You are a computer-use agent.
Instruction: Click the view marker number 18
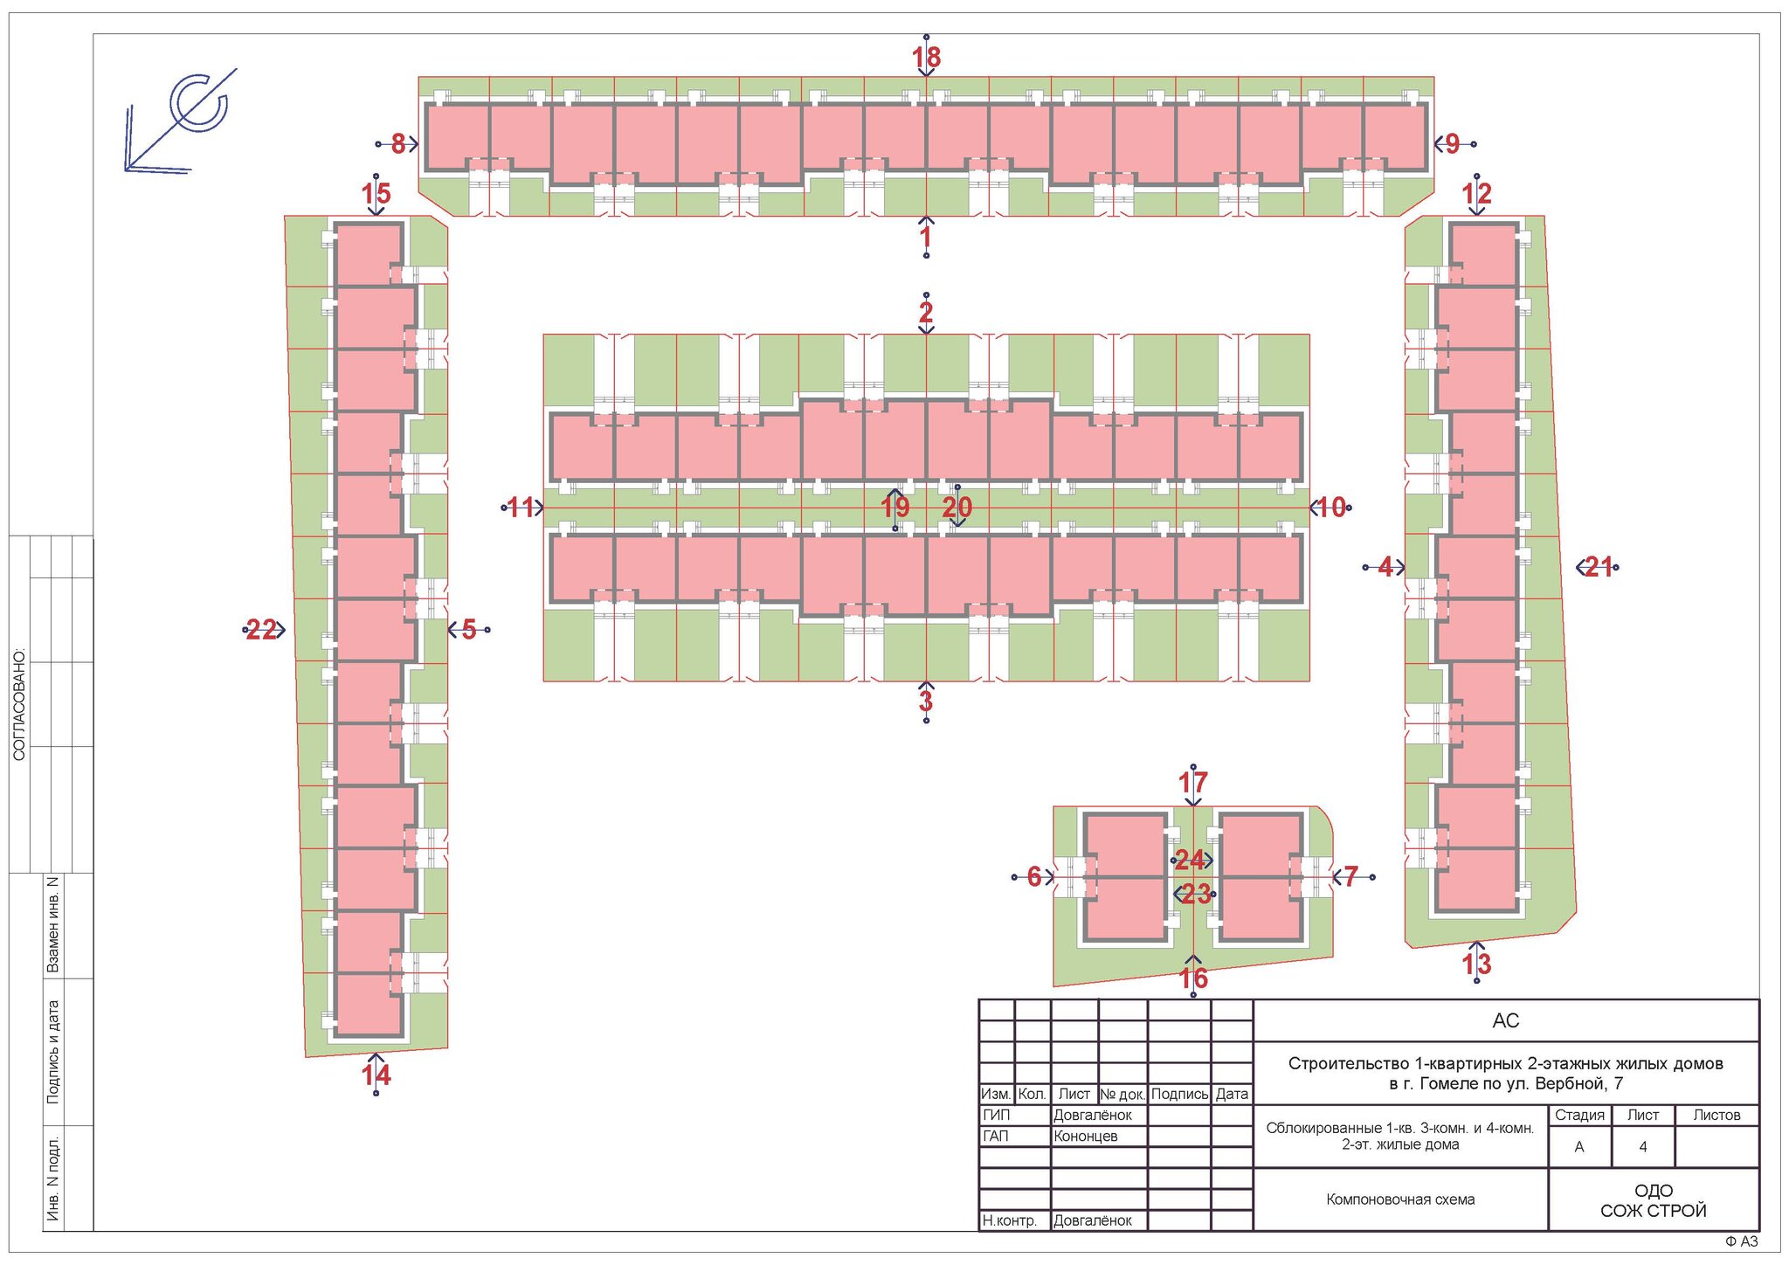[926, 57]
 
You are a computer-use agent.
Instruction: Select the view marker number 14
[376, 1075]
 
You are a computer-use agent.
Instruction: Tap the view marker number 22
[261, 629]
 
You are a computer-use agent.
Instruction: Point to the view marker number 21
[1599, 567]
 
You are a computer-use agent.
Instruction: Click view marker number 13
[1477, 964]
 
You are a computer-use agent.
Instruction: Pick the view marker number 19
[895, 507]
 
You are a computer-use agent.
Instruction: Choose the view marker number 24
[1190, 861]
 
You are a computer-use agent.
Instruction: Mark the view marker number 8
[398, 144]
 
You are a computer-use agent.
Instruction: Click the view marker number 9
[1453, 144]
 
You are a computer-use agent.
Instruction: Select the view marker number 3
[926, 701]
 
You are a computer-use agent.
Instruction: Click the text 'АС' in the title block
[1506, 1020]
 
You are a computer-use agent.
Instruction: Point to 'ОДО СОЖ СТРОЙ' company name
[1653, 1200]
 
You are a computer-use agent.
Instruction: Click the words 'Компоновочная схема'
[1400, 1199]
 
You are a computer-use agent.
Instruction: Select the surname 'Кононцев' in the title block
[1086, 1136]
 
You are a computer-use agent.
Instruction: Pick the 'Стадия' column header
[1579, 1115]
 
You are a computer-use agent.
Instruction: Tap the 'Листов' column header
[1716, 1115]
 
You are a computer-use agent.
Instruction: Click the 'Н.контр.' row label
[1010, 1220]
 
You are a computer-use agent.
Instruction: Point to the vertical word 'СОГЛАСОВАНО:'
[19, 704]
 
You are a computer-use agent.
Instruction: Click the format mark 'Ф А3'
[1741, 1241]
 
